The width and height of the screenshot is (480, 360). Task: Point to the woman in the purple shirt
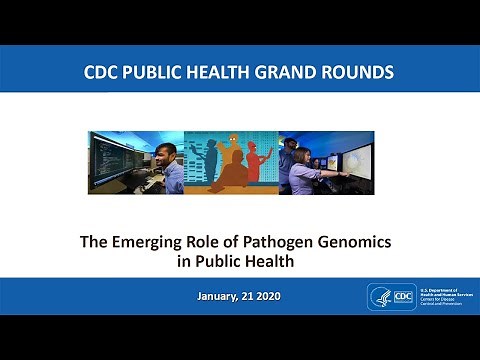click(x=305, y=170)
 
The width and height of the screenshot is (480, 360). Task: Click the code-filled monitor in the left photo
click(x=115, y=158)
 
